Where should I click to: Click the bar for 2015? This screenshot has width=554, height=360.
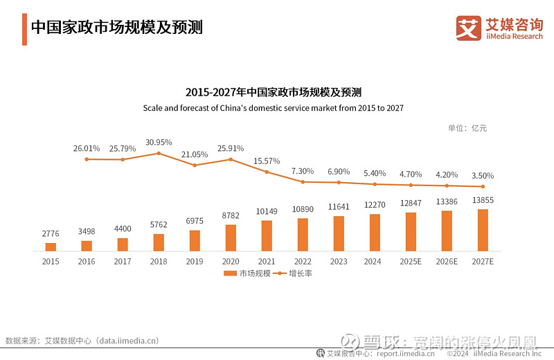(51, 246)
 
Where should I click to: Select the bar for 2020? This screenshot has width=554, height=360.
(231, 237)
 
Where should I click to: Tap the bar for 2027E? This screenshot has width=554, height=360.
(483, 230)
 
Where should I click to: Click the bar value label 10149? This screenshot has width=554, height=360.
(267, 211)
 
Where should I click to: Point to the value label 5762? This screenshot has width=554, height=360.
(159, 225)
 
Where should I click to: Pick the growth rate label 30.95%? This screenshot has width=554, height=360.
(159, 142)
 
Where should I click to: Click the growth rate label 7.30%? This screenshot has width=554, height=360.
(303, 171)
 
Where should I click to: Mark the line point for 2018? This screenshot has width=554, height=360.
(159, 153)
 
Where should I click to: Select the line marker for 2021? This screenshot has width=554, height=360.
(267, 171)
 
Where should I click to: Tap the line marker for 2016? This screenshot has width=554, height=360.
(87, 159)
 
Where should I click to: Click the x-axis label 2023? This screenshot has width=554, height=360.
(339, 262)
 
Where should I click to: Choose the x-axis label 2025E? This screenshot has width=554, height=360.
(411, 262)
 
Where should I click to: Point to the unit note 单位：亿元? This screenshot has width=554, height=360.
(467, 128)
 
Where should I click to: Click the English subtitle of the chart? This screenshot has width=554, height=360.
(273, 108)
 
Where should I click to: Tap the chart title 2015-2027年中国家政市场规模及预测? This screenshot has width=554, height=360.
(274, 92)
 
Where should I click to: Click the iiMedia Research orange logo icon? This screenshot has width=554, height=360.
(469, 28)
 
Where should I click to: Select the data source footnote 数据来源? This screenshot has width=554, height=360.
(82, 340)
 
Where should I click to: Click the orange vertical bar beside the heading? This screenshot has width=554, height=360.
(24, 28)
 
